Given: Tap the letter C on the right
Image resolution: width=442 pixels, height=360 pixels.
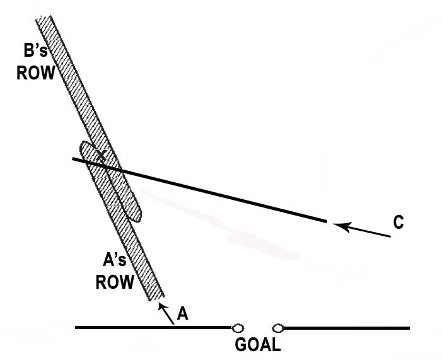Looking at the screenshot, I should coord(398,222).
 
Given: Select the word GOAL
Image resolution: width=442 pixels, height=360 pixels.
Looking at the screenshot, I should coord(257,345).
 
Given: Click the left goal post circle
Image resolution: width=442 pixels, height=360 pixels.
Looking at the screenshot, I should coord(238,328).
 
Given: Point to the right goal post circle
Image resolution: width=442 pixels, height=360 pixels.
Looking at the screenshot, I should coord(278,328).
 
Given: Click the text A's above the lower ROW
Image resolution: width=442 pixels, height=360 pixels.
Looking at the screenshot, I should coord(117,260).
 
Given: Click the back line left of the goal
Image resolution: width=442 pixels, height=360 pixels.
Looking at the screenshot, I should coord(151,327).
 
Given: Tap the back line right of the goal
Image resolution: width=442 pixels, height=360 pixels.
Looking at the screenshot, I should coord(347,328).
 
